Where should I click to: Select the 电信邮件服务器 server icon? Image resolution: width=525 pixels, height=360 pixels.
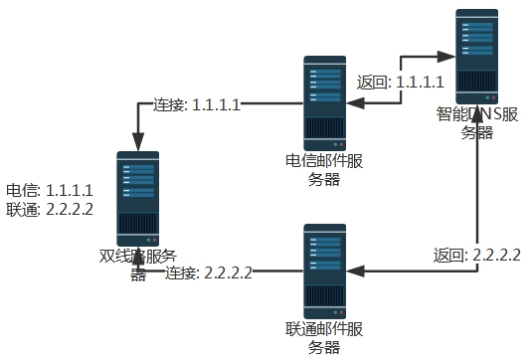(325, 100)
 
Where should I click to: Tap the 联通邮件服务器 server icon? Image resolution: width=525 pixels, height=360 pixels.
(324, 270)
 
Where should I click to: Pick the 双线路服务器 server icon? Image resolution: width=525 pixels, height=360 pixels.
(138, 198)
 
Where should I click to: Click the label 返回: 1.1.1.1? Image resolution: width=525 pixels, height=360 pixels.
(399, 87)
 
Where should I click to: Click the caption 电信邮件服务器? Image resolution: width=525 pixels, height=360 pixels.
(325, 168)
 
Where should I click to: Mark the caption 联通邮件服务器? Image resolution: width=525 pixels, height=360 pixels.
(324, 337)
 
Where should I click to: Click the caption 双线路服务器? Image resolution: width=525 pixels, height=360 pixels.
(138, 264)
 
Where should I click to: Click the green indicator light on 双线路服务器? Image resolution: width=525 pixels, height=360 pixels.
(147, 240)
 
